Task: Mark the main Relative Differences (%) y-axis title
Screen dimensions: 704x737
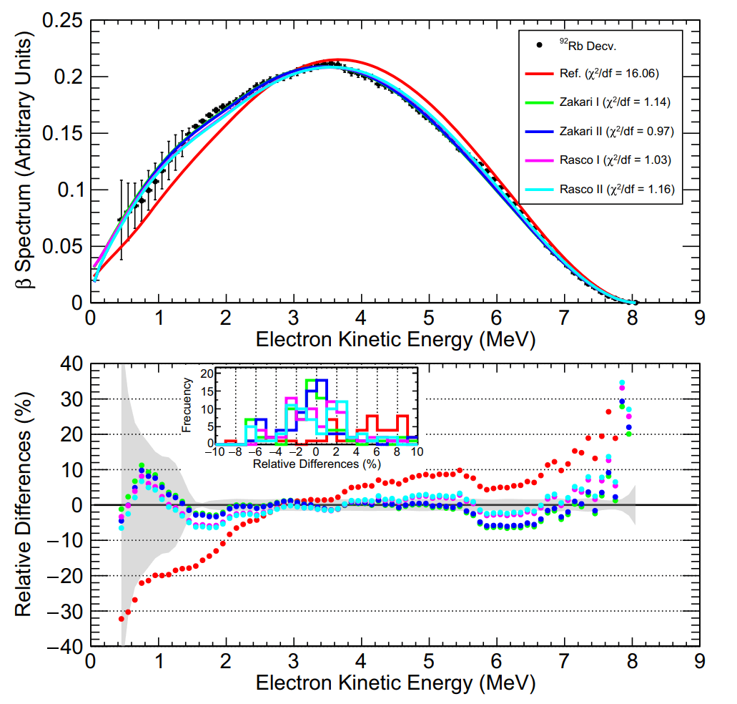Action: click(x=25, y=504)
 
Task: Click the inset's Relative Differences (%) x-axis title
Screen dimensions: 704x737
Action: click(x=315, y=464)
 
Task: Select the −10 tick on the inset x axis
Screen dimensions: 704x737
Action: click(x=214, y=452)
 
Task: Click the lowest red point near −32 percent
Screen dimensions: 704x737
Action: click(x=122, y=618)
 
